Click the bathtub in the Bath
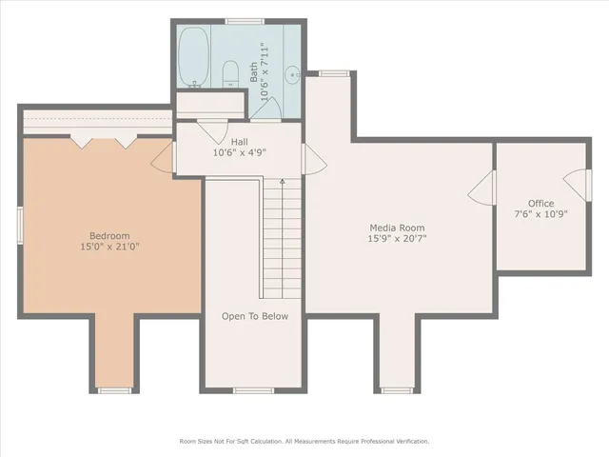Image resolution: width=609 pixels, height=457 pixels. point(196,57)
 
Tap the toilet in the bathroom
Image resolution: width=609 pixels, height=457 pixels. point(229,72)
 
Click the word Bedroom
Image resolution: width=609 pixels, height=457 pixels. point(109,236)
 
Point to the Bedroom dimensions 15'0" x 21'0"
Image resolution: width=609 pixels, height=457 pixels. point(109,247)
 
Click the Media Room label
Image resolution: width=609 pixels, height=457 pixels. point(397,228)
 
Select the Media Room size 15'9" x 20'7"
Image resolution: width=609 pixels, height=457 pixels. point(397,239)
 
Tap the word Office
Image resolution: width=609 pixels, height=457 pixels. point(540,204)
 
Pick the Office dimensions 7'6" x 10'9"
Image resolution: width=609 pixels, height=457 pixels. point(540,214)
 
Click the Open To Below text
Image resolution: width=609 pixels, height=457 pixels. point(254,316)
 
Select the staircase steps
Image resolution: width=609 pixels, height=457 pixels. point(274,238)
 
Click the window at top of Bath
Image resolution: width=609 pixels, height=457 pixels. point(245,21)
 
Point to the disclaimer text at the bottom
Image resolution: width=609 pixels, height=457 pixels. point(304,441)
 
